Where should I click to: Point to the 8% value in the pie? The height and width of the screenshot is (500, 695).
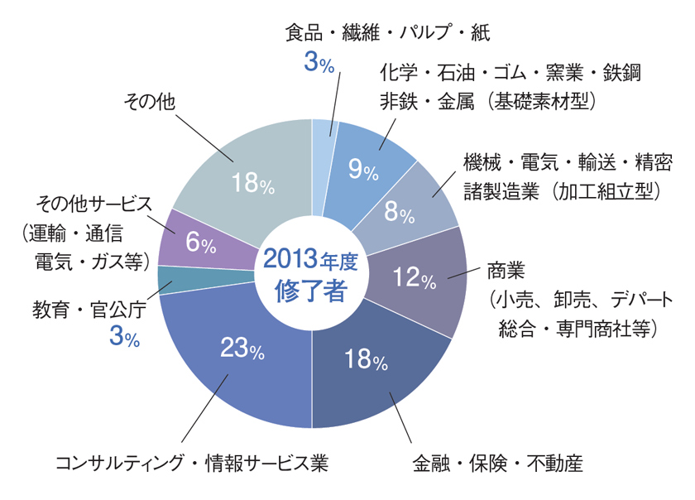400,213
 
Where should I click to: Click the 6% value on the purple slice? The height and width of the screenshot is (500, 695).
201,243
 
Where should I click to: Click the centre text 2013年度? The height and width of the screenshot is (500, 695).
311,259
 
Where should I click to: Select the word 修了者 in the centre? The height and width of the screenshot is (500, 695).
311,291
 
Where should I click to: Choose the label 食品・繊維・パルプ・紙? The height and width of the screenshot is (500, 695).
388,33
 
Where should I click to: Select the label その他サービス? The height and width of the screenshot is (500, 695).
95,204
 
